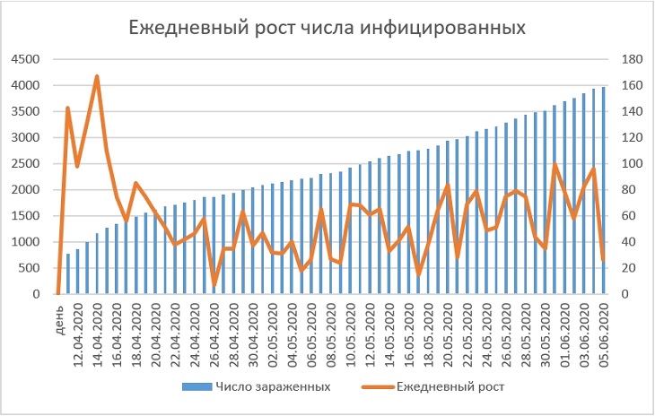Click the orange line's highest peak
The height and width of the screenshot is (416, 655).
click(x=97, y=76)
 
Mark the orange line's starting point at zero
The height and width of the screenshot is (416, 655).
click(x=58, y=293)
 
